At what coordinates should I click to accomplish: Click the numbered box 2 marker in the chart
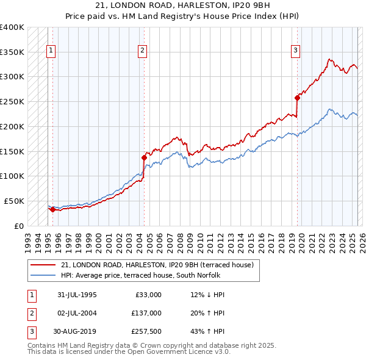142,51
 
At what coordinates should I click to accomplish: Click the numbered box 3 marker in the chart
295,51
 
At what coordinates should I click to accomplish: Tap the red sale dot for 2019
298,97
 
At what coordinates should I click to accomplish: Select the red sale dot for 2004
145,157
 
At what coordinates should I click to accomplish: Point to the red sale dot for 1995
52,209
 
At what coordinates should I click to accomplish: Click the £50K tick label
14,201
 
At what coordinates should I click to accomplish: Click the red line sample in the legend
43,265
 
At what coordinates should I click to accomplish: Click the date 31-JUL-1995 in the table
77,295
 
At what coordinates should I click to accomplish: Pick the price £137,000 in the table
146,313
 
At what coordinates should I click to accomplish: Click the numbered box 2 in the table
30,313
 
